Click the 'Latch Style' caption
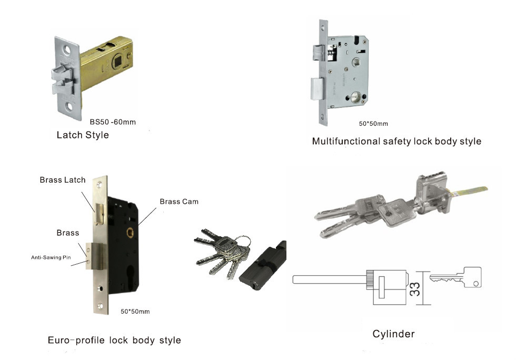[x=83, y=135]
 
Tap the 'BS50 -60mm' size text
[x=112, y=122]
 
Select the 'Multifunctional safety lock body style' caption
[x=396, y=141]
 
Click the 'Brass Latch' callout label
[x=62, y=180]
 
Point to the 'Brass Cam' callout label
[x=179, y=202]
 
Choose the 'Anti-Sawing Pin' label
[x=51, y=257]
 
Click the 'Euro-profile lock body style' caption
[x=114, y=340]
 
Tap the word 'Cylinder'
[x=393, y=334]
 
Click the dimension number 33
[x=416, y=288]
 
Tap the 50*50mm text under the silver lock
[x=373, y=124]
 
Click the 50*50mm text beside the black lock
[x=135, y=312]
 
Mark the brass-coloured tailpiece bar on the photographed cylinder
[x=469, y=191]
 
